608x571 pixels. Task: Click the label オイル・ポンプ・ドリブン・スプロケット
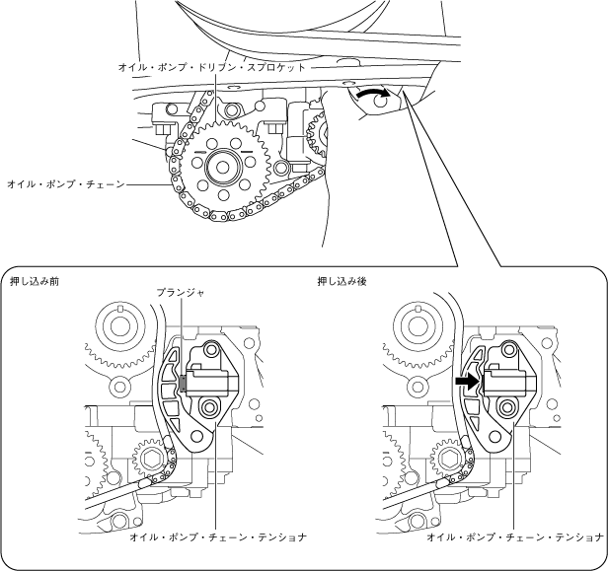click(x=212, y=66)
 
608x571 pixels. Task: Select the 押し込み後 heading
click(x=342, y=281)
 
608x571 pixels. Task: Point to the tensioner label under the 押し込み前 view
click(x=217, y=537)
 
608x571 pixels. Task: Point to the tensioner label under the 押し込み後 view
click(x=515, y=537)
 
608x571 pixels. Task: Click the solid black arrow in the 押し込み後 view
click(x=466, y=379)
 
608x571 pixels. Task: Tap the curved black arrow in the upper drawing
click(x=371, y=93)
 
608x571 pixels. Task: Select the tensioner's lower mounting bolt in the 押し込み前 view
click(x=207, y=407)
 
